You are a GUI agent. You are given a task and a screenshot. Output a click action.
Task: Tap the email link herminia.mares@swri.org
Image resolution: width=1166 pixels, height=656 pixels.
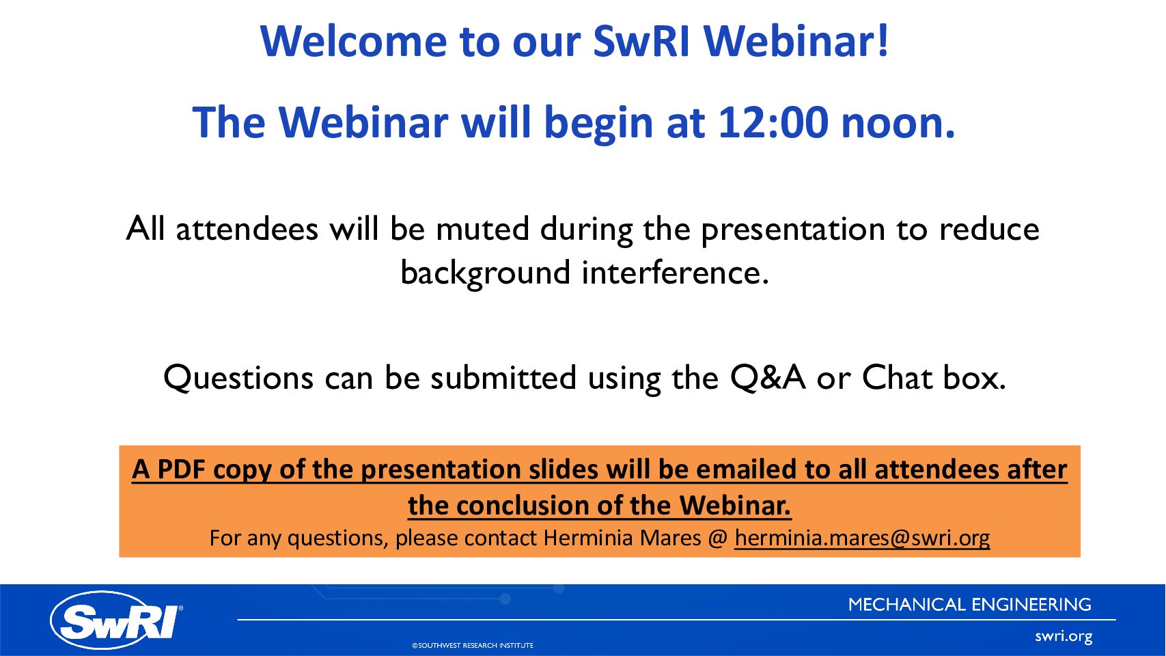coord(862,538)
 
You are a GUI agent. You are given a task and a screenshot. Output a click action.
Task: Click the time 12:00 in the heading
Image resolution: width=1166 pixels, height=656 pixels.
coord(773,122)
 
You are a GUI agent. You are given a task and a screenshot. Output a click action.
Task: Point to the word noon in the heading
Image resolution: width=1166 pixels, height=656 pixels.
coord(898,124)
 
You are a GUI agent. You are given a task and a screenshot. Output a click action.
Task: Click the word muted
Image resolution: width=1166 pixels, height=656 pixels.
coord(482,228)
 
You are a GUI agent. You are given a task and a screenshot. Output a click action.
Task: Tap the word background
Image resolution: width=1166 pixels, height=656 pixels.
coord(485,273)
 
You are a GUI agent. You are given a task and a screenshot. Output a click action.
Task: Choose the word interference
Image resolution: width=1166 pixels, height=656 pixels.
coord(675,272)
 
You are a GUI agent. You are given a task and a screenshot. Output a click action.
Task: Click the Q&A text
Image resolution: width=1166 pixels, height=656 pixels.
coord(768,377)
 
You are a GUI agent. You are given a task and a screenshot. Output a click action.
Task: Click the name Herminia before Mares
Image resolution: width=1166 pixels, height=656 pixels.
coord(587,537)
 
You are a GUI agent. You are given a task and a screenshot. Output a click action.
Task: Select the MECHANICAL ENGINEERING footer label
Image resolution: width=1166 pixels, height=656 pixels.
coord(970,605)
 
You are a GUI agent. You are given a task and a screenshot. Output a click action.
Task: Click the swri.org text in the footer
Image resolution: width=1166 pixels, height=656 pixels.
coord(1064,636)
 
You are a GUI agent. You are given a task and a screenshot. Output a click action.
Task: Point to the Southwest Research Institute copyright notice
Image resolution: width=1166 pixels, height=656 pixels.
coord(473,645)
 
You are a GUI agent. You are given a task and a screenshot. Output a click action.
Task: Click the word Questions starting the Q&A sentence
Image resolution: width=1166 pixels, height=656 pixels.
coord(238,377)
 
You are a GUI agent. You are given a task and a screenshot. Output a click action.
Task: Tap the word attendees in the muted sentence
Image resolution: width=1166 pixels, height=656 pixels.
coord(247,228)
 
